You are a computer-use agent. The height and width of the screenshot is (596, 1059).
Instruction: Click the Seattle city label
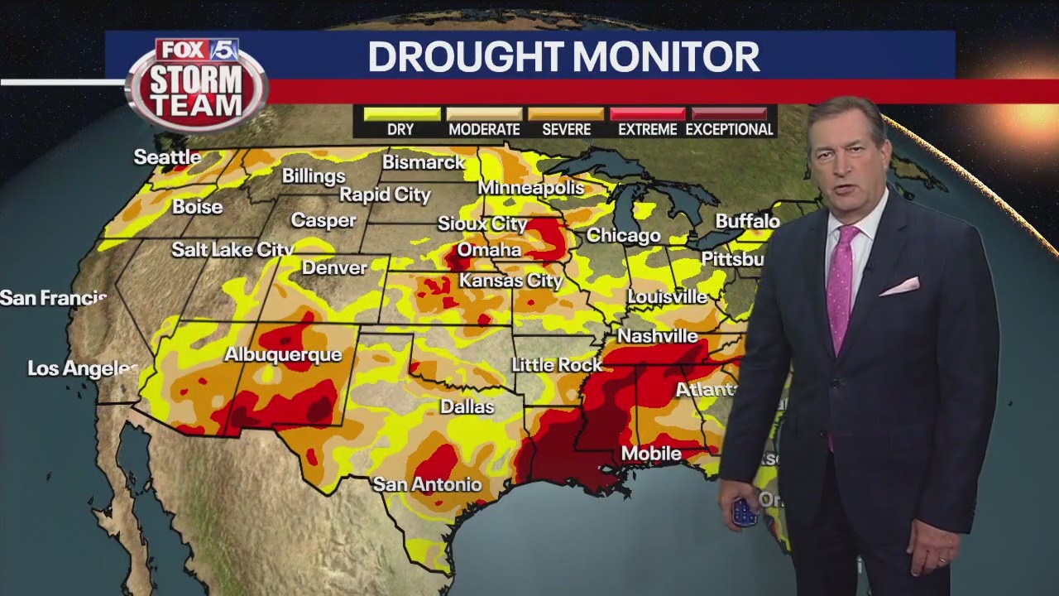click(x=167, y=156)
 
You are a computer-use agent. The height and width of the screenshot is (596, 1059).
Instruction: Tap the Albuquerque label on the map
click(x=283, y=354)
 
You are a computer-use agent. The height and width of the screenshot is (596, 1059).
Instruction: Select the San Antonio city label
click(x=427, y=484)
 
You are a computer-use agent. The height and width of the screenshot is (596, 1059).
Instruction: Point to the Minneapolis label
click(x=530, y=188)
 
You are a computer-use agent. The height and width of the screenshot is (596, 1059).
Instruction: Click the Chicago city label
click(x=623, y=236)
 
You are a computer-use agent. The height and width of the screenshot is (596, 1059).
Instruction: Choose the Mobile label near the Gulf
click(x=651, y=454)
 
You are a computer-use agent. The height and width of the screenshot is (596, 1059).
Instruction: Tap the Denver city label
click(x=334, y=267)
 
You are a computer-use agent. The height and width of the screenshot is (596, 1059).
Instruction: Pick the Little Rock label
click(x=556, y=364)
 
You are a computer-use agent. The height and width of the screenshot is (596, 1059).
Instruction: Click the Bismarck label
click(x=423, y=162)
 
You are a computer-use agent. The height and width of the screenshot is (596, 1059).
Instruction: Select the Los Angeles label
click(x=82, y=368)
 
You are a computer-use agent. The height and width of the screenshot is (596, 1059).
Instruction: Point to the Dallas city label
click(x=467, y=406)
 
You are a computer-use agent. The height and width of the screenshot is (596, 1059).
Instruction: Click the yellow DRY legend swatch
click(x=401, y=113)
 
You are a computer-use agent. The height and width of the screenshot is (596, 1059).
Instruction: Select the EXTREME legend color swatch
click(x=647, y=113)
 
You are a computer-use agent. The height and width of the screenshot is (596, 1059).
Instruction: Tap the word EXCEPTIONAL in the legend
click(x=729, y=130)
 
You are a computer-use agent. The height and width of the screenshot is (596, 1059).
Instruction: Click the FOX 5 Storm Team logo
click(x=197, y=83)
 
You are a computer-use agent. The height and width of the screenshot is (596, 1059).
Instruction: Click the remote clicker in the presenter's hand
click(x=745, y=512)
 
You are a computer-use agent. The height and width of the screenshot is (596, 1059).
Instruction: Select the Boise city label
click(x=197, y=207)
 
